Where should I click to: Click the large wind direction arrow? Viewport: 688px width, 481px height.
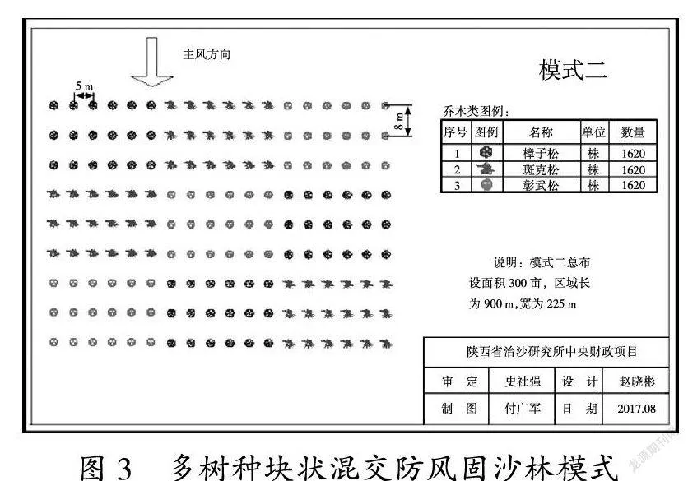click(151, 62)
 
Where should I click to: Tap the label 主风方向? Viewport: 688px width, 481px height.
click(207, 54)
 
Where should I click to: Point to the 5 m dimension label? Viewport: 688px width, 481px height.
click(84, 86)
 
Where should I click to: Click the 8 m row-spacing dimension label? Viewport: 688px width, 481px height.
click(398, 121)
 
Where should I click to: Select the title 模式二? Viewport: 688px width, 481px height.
click(573, 70)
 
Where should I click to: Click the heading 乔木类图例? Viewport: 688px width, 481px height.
click(476, 111)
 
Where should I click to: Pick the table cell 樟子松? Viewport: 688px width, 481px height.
click(541, 154)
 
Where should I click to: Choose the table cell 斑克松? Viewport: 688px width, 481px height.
click(541, 169)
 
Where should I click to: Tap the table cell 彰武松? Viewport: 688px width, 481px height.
click(541, 185)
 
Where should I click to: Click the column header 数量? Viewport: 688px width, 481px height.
click(633, 132)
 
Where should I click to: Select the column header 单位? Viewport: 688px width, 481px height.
click(593, 132)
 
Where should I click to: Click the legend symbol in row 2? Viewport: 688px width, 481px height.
click(486, 169)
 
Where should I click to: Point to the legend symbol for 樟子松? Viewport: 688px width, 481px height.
click(486, 153)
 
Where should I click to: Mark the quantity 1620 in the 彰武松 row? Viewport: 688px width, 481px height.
click(633, 185)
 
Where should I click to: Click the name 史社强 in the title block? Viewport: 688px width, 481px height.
click(523, 382)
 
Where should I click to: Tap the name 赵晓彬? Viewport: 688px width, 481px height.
click(637, 382)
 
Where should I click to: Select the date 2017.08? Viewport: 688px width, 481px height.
click(637, 409)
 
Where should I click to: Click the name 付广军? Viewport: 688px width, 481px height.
click(522, 408)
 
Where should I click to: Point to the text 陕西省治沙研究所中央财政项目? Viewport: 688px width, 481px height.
click(551, 352)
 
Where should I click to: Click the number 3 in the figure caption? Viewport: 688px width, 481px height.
click(124, 467)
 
